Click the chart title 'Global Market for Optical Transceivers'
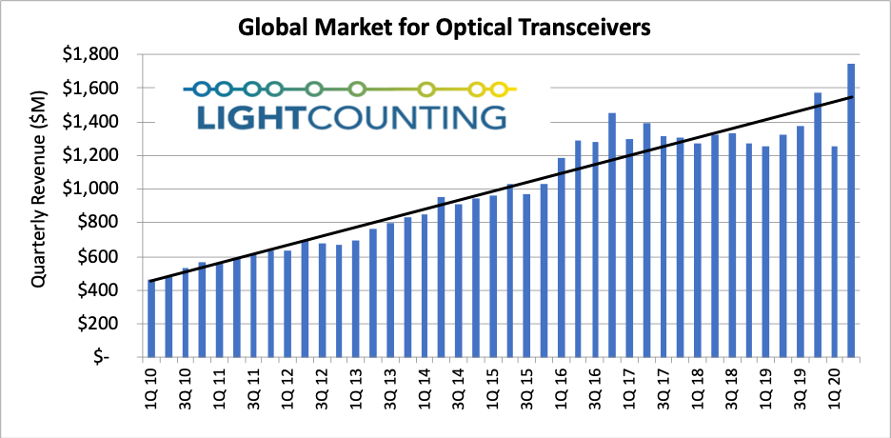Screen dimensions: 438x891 tap(445, 28)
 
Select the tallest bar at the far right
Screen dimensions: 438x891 tap(851, 210)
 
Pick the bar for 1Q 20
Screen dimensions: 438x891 tap(834, 252)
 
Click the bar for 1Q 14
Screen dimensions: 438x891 tap(424, 286)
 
